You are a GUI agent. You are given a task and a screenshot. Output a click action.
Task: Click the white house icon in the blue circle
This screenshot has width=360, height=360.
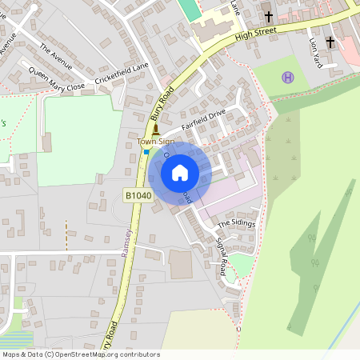(x=180, y=172)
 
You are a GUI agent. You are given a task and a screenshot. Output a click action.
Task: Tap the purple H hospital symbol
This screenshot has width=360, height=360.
(x=288, y=77)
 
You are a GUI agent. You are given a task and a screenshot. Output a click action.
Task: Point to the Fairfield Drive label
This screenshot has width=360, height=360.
(x=204, y=120)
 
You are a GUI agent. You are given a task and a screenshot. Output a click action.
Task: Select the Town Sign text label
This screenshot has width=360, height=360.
(x=155, y=142)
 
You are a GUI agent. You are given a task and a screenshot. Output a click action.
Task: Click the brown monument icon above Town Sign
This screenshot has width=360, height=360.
(x=155, y=129)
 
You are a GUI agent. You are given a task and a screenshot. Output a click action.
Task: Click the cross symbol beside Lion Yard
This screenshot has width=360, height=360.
(x=330, y=41)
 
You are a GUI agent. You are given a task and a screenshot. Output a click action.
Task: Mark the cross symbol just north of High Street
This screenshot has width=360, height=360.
(x=268, y=16)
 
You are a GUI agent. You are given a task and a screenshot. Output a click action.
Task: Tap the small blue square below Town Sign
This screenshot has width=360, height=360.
(x=146, y=150)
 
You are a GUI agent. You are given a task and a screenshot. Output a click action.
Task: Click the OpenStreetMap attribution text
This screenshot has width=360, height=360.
(x=81, y=354)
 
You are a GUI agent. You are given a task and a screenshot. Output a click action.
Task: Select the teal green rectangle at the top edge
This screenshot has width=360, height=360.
(x=189, y=9)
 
